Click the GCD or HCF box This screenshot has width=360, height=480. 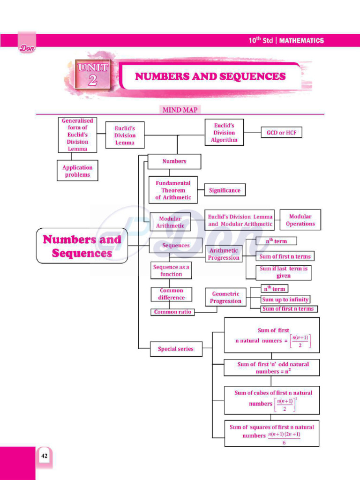pos(282,133)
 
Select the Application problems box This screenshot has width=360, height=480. pos(77,171)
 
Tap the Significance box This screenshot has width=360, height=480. pos(225,190)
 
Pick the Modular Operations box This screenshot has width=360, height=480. pos(300,220)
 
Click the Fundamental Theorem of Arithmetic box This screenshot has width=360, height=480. pos(173,190)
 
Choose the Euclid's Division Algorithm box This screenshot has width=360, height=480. pos(224,133)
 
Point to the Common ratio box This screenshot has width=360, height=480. pos(172,312)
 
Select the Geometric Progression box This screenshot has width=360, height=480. pos(225,298)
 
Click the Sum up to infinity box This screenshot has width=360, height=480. pos(285,299)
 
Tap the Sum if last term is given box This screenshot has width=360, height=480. pos(284,272)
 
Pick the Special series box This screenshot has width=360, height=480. pos(175,349)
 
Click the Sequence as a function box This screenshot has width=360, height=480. pos(171,270)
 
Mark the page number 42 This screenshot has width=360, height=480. pos(44,456)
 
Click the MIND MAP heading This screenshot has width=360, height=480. pos(180,110)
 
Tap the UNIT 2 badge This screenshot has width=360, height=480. pos(93,74)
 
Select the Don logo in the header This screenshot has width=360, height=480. pos(27,47)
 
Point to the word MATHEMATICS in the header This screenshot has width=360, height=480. pos(302,41)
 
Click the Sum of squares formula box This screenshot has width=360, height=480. pos(271,434)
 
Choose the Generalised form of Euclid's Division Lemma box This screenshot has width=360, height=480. pos(77,135)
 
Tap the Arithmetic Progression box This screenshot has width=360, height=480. pos(224,254)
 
